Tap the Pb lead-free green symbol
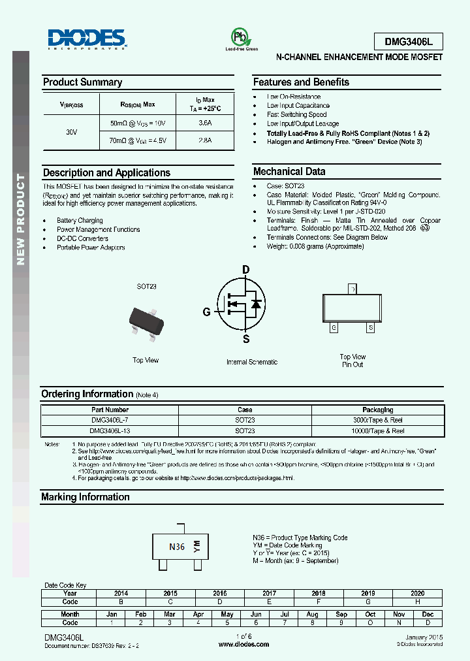pyautogui.click(x=242, y=37)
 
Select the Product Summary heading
pyautogui.click(x=82, y=82)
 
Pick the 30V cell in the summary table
pyautogui.click(x=72, y=132)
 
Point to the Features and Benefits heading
pyautogui.click(x=301, y=82)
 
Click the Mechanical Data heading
pyautogui.click(x=289, y=172)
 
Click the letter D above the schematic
pyautogui.click(x=246, y=269)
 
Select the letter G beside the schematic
pyautogui.click(x=207, y=312)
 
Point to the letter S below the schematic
pyautogui.click(x=246, y=339)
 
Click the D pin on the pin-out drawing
pyautogui.click(x=352, y=289)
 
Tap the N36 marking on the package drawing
pyautogui.click(x=177, y=547)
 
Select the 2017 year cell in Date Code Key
pyautogui.click(x=270, y=594)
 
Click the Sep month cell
pyautogui.click(x=341, y=614)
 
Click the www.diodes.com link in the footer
pyautogui.click(x=243, y=644)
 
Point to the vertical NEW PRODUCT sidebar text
pyautogui.click(x=20, y=219)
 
